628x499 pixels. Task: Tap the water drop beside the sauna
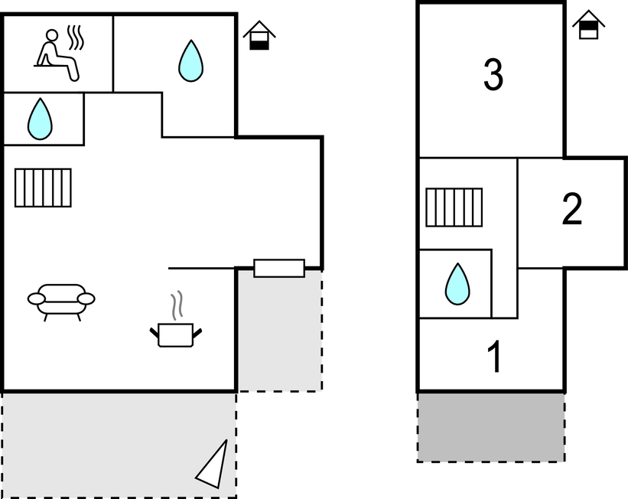190,60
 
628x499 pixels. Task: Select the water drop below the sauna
40,119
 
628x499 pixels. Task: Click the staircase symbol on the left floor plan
43,188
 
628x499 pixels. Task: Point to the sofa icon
61,300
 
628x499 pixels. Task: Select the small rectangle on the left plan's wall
279,269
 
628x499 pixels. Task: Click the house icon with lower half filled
260,35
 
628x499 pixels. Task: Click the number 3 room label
493,74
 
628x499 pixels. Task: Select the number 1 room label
495,357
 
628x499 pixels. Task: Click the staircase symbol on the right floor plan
454,207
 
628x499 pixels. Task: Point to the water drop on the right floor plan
457,283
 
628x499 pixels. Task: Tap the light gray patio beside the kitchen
279,337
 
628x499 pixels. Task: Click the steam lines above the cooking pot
177,305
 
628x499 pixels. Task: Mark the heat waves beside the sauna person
75,38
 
